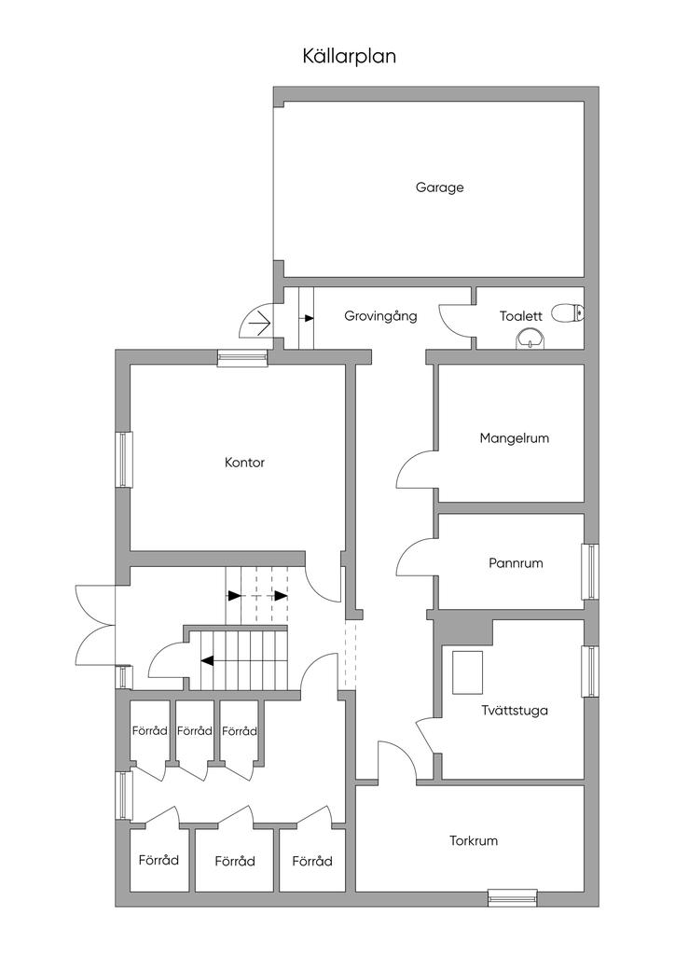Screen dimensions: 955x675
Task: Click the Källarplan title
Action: point(350,56)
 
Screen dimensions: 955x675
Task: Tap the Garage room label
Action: point(439,187)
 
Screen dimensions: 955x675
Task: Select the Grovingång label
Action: point(380,316)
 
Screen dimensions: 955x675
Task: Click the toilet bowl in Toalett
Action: point(566,313)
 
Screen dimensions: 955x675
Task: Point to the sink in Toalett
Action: point(530,338)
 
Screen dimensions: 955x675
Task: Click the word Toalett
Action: point(520,316)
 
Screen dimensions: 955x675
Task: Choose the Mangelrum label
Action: point(514,437)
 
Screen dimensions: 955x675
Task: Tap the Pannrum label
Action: point(516,563)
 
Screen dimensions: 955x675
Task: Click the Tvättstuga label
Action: point(515,711)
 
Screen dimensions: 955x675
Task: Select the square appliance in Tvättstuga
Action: point(468,671)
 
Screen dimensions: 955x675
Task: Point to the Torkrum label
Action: point(473,840)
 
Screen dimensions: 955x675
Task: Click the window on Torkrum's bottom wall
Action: point(513,898)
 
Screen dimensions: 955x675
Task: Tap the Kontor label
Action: point(244,463)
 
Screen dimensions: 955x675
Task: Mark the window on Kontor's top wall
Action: point(243,357)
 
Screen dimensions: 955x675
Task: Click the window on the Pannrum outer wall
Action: point(590,571)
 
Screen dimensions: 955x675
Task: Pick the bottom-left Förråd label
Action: point(158,860)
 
